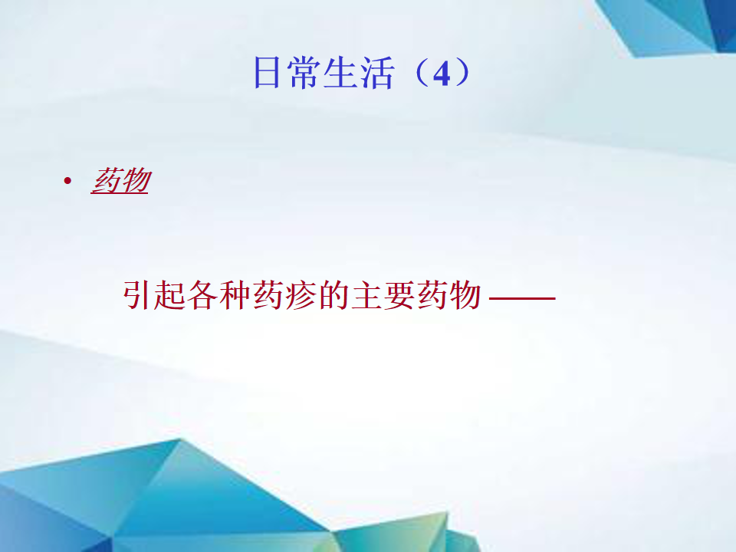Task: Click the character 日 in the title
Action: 267,72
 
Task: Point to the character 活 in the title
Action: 376,72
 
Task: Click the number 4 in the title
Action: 442,74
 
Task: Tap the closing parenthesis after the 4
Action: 462,72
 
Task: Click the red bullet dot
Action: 67,181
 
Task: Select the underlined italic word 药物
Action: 120,181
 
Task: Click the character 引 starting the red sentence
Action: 138,295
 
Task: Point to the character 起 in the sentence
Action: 169,295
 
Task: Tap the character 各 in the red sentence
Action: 202,295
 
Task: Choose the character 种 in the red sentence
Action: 235,295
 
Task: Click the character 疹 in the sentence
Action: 301,295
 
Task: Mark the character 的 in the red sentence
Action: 333,295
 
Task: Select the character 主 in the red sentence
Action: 366,295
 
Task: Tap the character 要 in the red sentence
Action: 399,295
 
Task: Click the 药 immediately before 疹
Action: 268,295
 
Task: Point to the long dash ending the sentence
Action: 522,297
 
